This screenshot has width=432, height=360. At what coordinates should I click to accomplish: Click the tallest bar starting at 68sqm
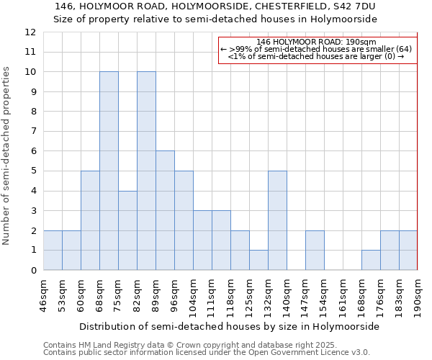(109, 171)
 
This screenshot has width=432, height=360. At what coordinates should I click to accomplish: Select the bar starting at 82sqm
(146, 171)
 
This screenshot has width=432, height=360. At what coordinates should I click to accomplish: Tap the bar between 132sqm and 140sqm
(277, 220)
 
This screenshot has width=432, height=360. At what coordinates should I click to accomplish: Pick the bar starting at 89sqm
(165, 210)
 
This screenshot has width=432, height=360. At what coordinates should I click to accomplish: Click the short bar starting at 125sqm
(258, 260)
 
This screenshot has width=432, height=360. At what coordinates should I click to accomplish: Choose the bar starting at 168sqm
(371, 260)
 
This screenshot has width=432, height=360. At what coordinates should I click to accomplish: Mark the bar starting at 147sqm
(315, 250)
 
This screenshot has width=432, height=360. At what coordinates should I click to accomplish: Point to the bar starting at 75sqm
(127, 230)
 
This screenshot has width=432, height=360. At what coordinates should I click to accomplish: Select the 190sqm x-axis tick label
(418, 295)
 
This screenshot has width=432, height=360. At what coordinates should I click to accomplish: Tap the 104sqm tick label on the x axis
(193, 295)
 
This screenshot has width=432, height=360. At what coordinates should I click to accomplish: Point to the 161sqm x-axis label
(343, 295)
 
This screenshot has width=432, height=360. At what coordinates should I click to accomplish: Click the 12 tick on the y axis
(30, 32)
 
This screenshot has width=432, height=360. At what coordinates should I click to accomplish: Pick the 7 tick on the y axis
(32, 131)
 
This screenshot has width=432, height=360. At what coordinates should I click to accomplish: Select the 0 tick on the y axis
(32, 270)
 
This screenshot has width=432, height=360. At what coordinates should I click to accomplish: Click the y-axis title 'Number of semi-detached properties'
(7, 156)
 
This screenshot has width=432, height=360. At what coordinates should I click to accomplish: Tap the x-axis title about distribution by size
(229, 326)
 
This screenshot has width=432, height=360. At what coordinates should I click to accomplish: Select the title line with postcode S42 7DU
(215, 6)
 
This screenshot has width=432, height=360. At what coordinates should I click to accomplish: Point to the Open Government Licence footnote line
(207, 353)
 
